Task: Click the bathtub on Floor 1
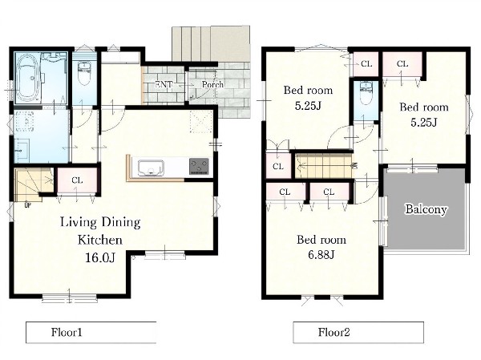coord(28,79)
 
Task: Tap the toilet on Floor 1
coord(83,73)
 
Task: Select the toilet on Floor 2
coord(365,93)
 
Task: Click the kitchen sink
coord(151,168)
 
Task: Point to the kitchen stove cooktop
coord(200,166)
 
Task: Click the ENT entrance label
coord(164,84)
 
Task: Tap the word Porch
coord(212,84)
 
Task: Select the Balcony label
coord(426,209)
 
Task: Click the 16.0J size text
coord(100,257)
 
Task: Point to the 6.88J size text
coord(321,254)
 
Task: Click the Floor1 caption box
coord(91,332)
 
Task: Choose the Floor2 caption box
coord(358,332)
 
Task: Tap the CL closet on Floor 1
coord(77,180)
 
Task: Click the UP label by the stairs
coord(27,205)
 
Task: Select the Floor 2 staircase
coord(324,166)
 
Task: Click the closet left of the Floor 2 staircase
coord(278,166)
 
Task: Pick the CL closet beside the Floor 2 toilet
coord(366,64)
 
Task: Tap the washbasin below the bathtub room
coord(22,150)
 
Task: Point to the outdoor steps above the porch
coord(211,44)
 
